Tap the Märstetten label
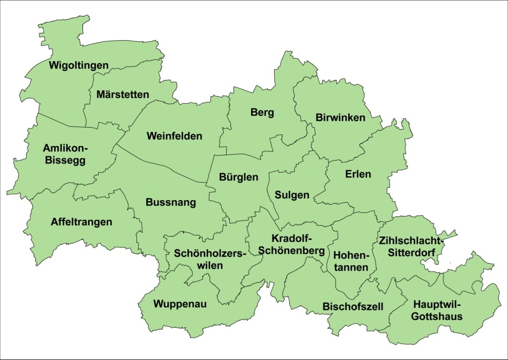[x=123, y=94]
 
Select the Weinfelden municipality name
[x=174, y=136]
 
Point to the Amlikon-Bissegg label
[x=65, y=154]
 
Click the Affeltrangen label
[x=81, y=222]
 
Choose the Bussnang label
[x=171, y=203]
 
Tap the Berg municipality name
[x=262, y=113]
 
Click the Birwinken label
[x=340, y=118]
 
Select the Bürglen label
[x=239, y=177]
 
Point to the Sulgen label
[x=292, y=195]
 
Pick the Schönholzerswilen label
[x=210, y=259]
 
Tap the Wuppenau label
[x=180, y=304]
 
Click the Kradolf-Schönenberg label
[x=292, y=244]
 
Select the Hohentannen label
[x=351, y=261]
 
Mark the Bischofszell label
[x=353, y=306]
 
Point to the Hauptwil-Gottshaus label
[x=437, y=310]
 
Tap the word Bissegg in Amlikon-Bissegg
[x=65, y=160]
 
